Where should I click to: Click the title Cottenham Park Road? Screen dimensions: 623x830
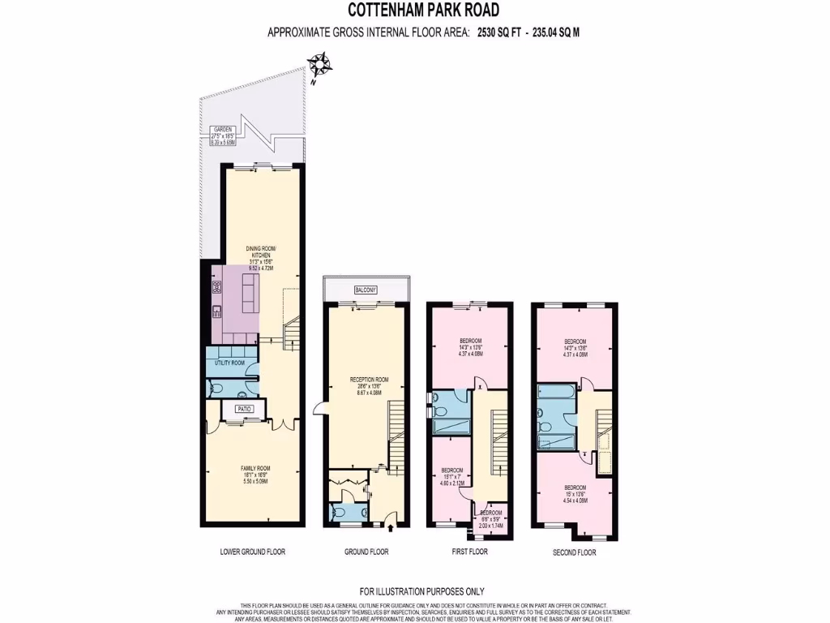424,11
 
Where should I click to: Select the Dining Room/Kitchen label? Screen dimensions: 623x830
262,255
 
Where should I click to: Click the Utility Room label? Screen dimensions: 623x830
229,363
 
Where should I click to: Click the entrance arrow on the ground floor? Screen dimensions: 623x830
391,528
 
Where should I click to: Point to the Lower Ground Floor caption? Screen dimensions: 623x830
253,552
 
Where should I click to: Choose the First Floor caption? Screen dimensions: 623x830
471,552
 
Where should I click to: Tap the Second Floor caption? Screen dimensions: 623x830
575,552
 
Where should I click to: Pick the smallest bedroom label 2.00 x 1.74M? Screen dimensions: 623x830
491,518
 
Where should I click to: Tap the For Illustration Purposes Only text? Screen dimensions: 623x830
422,591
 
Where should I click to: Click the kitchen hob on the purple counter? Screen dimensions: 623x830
217,286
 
